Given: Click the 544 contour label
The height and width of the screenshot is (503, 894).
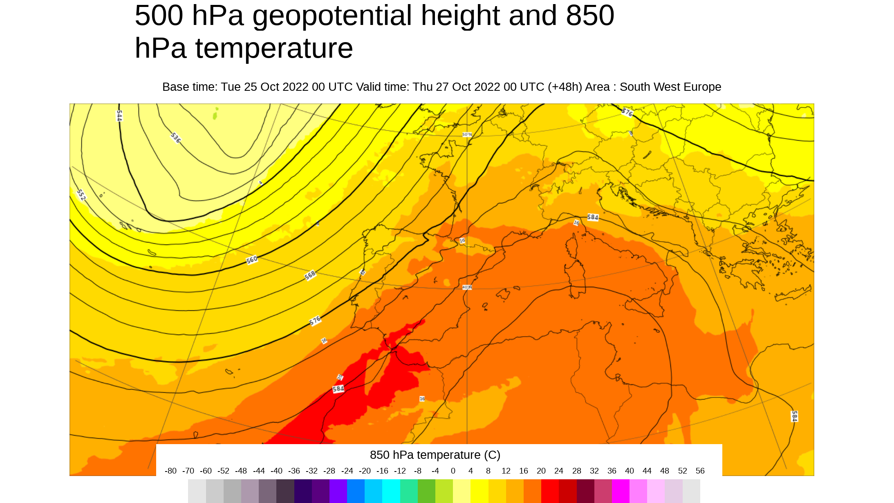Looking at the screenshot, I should (x=119, y=116).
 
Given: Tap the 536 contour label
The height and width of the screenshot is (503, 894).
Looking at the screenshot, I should (x=175, y=138).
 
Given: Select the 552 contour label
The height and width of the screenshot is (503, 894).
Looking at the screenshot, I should (x=81, y=195).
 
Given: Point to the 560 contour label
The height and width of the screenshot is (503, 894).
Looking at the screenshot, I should (x=252, y=260).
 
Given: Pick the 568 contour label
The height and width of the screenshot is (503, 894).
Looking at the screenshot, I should (x=310, y=275).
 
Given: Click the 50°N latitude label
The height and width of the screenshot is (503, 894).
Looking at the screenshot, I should (x=467, y=135).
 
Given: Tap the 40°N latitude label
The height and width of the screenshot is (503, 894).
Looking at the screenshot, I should (x=467, y=287).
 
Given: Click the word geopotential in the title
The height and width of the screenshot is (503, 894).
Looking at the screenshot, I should (x=332, y=16).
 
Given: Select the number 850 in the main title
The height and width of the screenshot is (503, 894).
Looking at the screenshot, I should (x=590, y=16).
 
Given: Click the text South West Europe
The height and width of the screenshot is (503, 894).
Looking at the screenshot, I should (x=670, y=87).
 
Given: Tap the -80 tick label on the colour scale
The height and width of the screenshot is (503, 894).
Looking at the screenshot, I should (x=170, y=471).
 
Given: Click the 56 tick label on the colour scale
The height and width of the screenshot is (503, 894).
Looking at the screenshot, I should (x=700, y=471).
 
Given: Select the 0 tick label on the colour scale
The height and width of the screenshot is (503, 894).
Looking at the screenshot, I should (x=453, y=471).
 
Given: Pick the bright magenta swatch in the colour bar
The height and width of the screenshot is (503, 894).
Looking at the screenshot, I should (x=621, y=491).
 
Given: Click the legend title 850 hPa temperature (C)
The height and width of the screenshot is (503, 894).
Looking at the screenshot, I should (x=435, y=455).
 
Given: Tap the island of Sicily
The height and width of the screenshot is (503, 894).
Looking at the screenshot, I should (x=644, y=307).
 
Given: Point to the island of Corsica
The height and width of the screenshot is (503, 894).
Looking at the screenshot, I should (x=572, y=245).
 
